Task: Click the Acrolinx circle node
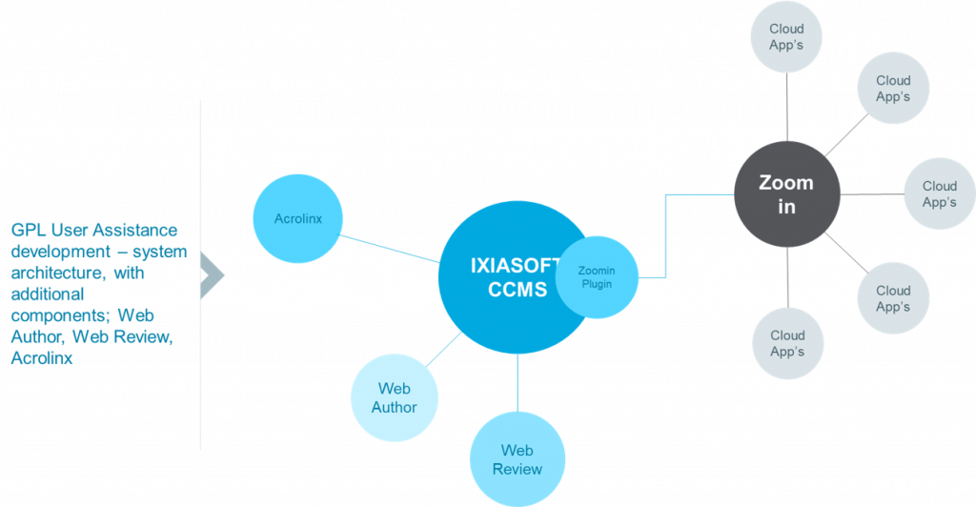tap(297, 218)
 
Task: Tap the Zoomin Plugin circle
tap(597, 277)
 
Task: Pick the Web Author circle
tap(394, 397)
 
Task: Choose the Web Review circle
tap(518, 459)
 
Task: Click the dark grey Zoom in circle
tap(786, 194)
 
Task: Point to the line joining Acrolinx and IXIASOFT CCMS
tap(389, 248)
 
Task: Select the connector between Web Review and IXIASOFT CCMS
tap(518, 382)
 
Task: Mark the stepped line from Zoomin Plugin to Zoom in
tap(665, 235)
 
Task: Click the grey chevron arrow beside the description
tap(213, 274)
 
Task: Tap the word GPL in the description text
tap(29, 231)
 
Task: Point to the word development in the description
tap(61, 252)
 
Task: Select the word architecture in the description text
tap(56, 274)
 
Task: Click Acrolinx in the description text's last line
tap(42, 358)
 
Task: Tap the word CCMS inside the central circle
tap(518, 290)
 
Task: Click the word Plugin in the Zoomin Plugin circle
tap(597, 284)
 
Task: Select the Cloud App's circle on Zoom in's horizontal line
tap(939, 193)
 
